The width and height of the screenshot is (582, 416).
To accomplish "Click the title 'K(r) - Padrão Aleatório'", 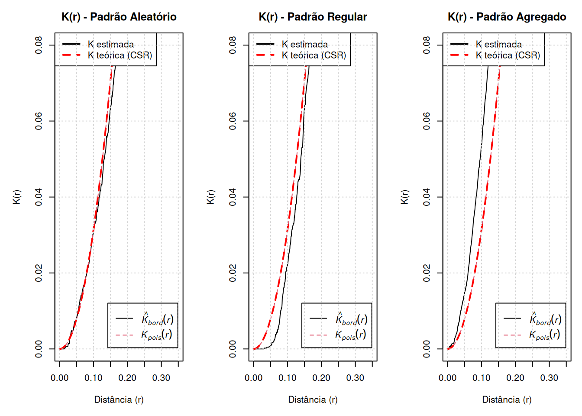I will [x=119, y=17].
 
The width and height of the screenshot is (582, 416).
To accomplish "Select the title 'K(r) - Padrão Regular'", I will [x=313, y=17].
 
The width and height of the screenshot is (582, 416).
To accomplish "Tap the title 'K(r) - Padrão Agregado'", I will [x=507, y=17].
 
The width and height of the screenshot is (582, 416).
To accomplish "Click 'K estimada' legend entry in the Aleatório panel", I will [x=111, y=44].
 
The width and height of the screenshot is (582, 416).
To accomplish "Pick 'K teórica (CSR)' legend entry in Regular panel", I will [x=314, y=55].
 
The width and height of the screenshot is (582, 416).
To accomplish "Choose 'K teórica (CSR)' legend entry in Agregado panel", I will [x=508, y=55].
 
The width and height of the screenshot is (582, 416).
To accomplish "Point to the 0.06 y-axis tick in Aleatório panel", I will [x=39, y=121].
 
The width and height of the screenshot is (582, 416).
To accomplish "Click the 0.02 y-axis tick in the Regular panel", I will [x=233, y=273].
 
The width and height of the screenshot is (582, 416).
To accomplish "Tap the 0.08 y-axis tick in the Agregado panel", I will [x=427, y=45].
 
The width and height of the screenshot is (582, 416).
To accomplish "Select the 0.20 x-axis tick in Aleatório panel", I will [x=127, y=378].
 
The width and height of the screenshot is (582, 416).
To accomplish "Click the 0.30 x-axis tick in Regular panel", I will [x=355, y=378].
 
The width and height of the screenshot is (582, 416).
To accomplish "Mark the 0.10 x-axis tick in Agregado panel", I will [x=482, y=378].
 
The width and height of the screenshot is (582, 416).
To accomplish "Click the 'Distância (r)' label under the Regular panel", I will [x=313, y=400].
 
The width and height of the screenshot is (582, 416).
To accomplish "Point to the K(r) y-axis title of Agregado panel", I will [x=404, y=197].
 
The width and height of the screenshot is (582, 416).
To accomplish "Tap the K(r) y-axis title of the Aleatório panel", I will [x=16, y=197].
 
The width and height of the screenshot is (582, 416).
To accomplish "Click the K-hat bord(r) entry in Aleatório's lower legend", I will [x=157, y=319].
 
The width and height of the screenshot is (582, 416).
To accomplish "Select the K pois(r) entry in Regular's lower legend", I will [x=350, y=335].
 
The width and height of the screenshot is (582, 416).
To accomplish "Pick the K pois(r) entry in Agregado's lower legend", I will [x=544, y=335].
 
